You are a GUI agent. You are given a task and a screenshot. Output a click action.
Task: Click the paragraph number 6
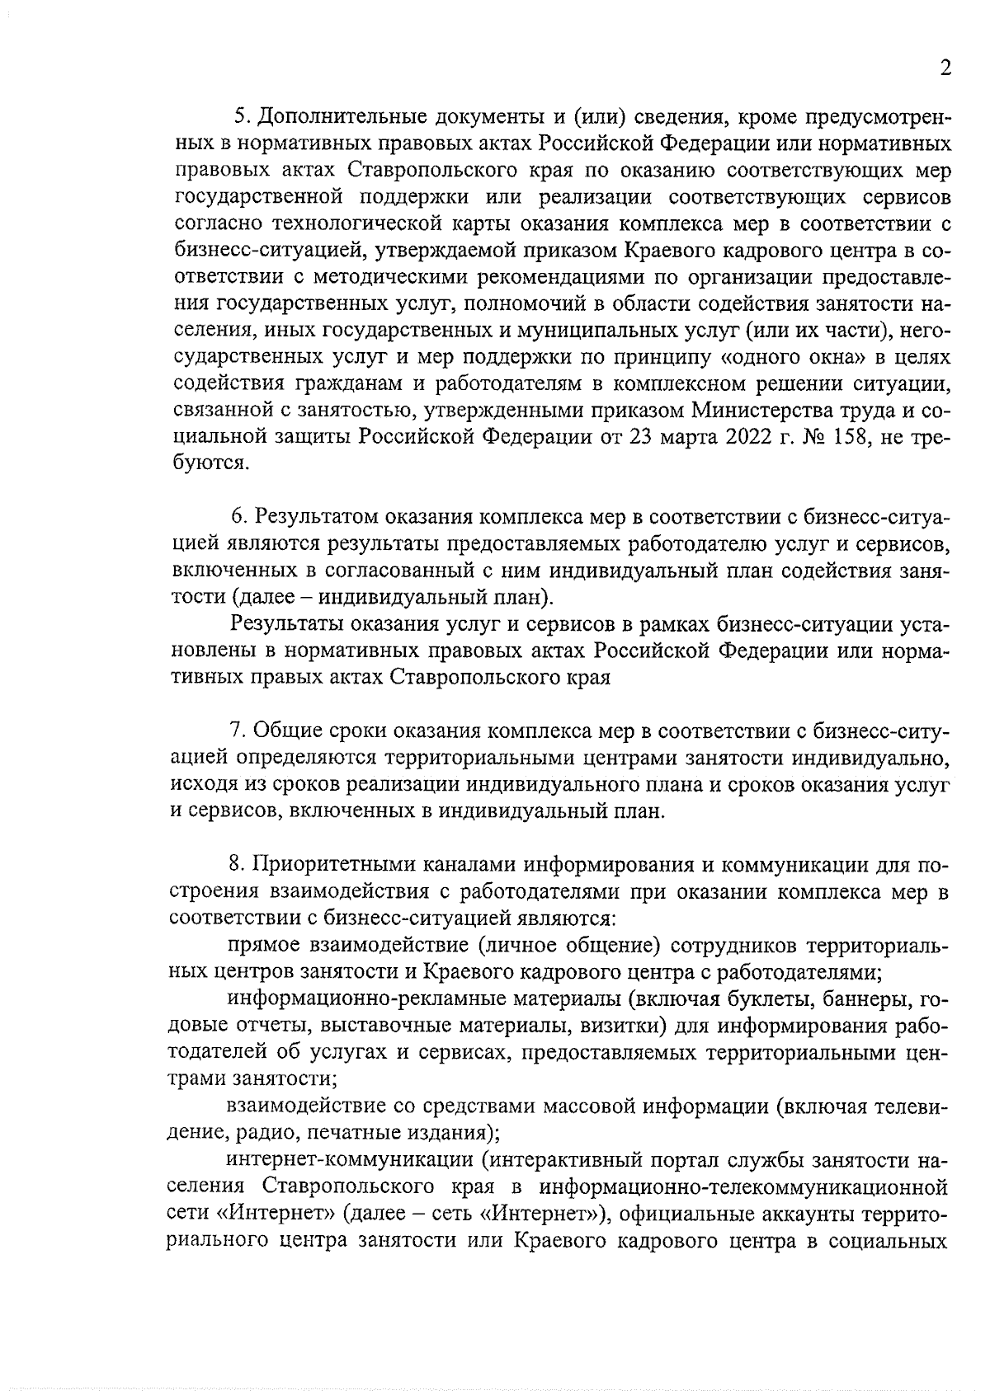(237, 517)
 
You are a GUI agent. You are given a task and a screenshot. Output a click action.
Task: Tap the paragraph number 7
(236, 731)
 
